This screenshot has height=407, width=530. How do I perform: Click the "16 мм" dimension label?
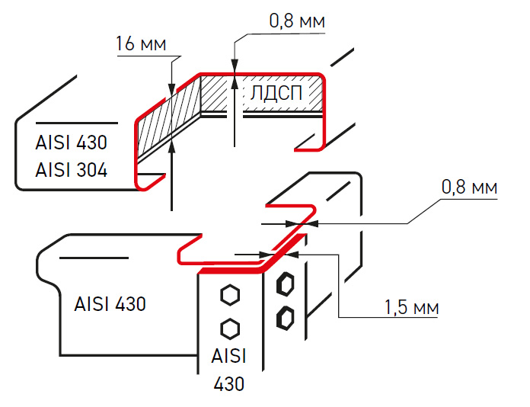(141, 44)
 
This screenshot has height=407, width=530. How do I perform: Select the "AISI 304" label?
(71, 170)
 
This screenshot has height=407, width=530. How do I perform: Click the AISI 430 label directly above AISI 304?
(71, 143)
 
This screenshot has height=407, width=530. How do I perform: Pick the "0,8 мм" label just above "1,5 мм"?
(469, 187)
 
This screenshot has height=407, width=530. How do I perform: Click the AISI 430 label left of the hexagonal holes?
(110, 303)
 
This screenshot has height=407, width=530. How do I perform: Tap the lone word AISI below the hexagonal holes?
(229, 357)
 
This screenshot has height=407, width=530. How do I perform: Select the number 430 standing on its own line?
(229, 383)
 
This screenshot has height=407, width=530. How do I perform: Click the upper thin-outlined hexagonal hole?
(228, 294)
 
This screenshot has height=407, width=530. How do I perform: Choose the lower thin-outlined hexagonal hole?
(228, 328)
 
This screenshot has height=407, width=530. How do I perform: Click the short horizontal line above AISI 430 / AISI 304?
(76, 123)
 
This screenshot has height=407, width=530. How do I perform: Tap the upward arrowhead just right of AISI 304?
(174, 148)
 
